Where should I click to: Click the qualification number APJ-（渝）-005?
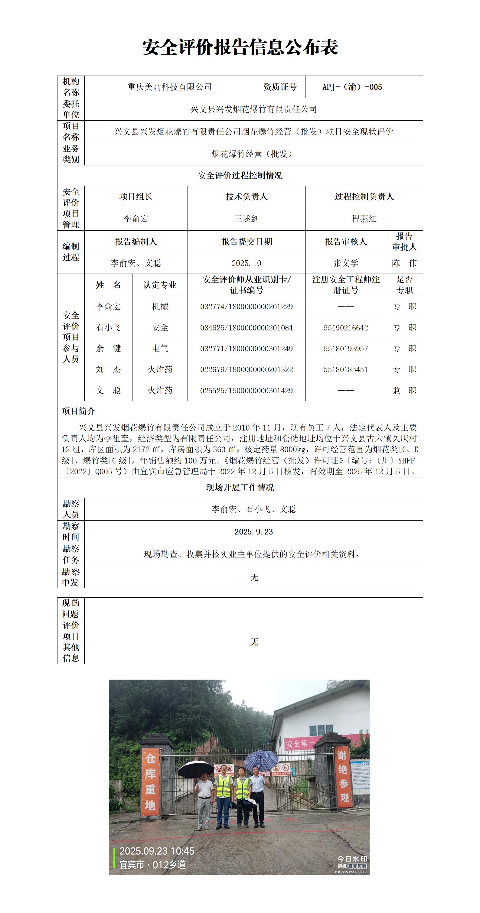(x=352, y=87)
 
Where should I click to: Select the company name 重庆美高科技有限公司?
(x=169, y=87)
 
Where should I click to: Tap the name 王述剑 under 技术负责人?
(x=247, y=219)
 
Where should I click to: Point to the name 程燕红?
(x=364, y=219)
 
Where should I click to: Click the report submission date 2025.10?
(x=247, y=263)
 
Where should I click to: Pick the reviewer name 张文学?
(x=346, y=263)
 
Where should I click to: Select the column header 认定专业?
(x=160, y=285)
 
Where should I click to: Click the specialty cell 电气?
(x=160, y=348)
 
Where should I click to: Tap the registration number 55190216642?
(x=346, y=328)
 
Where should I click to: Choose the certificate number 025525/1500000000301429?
(x=247, y=391)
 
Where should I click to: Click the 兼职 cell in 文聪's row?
(x=404, y=391)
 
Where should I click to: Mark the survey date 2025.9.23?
(x=253, y=532)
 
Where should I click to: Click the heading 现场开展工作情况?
(x=240, y=488)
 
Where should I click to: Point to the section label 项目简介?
(x=78, y=411)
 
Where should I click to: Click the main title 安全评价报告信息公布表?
(x=240, y=47)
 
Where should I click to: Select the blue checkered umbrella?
(x=261, y=760)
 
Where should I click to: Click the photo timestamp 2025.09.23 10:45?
(x=157, y=851)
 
